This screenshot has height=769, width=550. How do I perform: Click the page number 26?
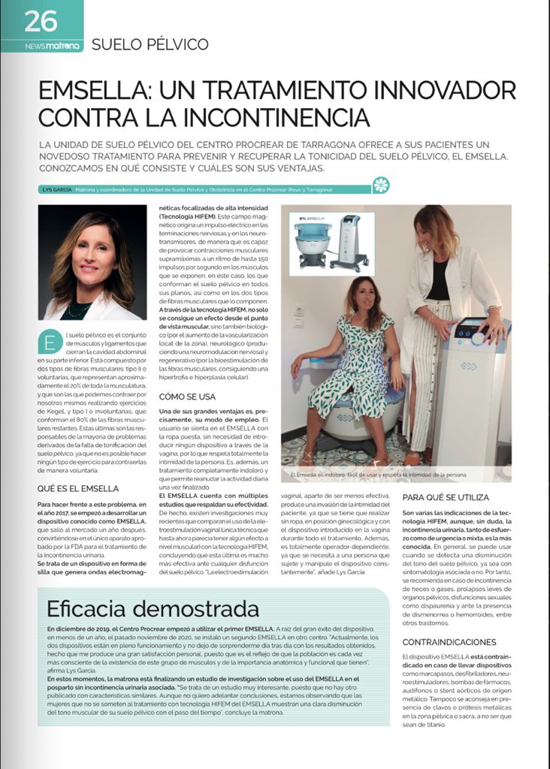[41, 20]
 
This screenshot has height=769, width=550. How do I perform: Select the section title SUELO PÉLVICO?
[150, 45]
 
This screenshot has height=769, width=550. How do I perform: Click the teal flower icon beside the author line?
[382, 185]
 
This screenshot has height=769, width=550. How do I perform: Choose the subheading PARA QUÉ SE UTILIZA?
[446, 497]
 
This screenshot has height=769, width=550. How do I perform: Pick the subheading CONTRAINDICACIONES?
[449, 642]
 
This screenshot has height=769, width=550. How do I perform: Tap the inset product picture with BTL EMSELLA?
[336, 243]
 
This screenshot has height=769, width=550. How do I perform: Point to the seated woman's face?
[367, 294]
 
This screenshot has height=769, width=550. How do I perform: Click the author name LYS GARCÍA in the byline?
[56, 189]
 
